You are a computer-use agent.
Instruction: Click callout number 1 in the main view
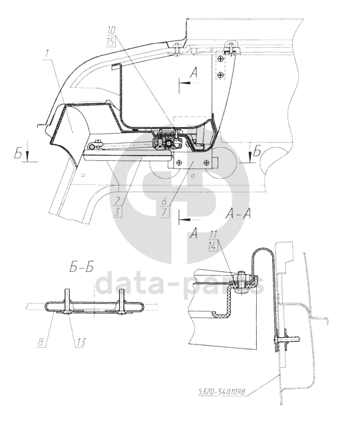(x=47, y=54)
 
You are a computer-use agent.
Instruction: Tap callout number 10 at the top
(x=112, y=31)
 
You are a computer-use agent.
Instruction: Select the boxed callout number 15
(x=112, y=42)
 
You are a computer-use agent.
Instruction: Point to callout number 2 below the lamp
(x=118, y=202)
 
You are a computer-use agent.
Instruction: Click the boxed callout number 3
(x=117, y=212)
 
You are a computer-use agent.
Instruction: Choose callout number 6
(x=164, y=202)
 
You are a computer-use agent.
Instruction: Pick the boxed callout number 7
(x=164, y=212)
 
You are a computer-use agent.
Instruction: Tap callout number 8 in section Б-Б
(x=41, y=342)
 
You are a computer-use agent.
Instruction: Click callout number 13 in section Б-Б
(x=81, y=342)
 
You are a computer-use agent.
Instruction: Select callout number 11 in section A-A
(x=214, y=235)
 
